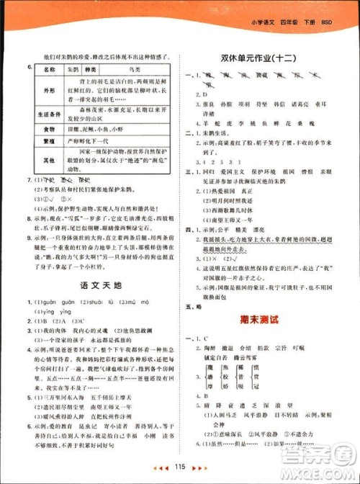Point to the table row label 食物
[x=49, y=129]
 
